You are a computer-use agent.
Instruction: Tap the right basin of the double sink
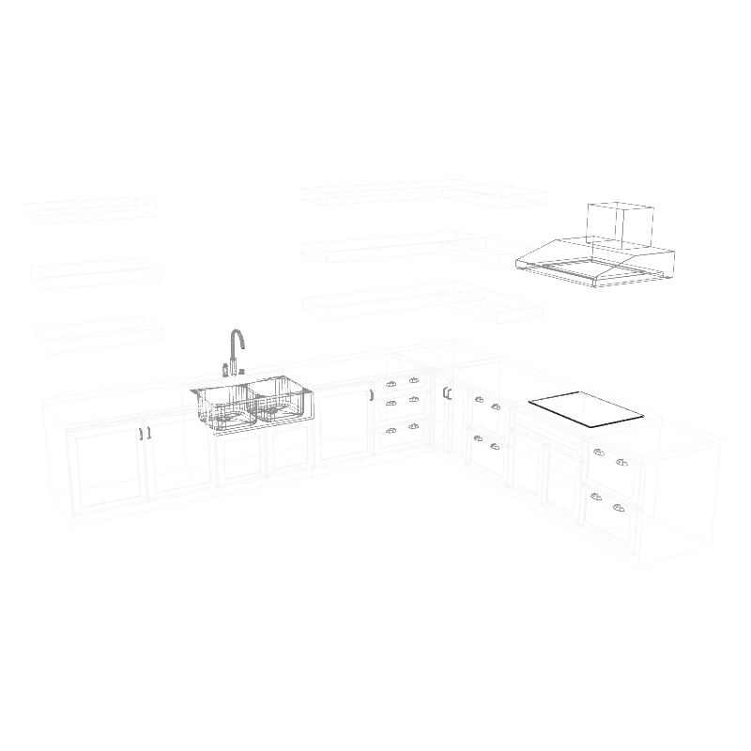point(278,397)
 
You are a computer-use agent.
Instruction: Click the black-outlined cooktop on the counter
point(586,407)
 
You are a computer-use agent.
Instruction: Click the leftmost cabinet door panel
point(106,471)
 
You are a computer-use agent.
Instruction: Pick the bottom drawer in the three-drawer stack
point(401,436)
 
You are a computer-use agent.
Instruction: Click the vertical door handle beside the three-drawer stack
point(447,393)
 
